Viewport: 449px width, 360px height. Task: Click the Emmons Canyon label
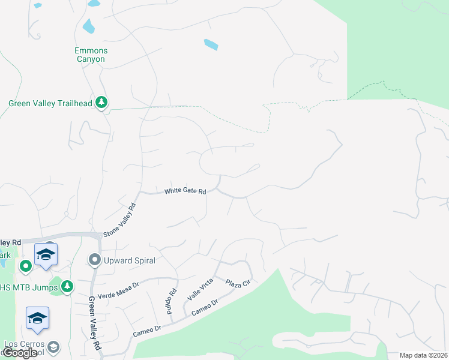point(90,55)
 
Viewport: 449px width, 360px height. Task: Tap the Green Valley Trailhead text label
point(50,103)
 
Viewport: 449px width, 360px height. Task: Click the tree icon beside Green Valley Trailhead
point(102,103)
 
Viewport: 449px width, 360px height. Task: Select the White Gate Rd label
point(185,191)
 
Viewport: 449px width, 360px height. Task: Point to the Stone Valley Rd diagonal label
point(120,220)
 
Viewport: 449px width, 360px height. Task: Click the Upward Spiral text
point(130,260)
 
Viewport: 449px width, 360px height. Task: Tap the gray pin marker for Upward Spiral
point(94,260)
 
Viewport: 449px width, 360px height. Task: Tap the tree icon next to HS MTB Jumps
point(67,286)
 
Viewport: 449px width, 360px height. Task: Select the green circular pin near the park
point(25,265)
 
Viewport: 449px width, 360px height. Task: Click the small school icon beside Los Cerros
point(53,347)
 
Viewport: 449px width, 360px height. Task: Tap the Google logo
point(19,353)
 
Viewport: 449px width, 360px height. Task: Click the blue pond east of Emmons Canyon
point(211,44)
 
